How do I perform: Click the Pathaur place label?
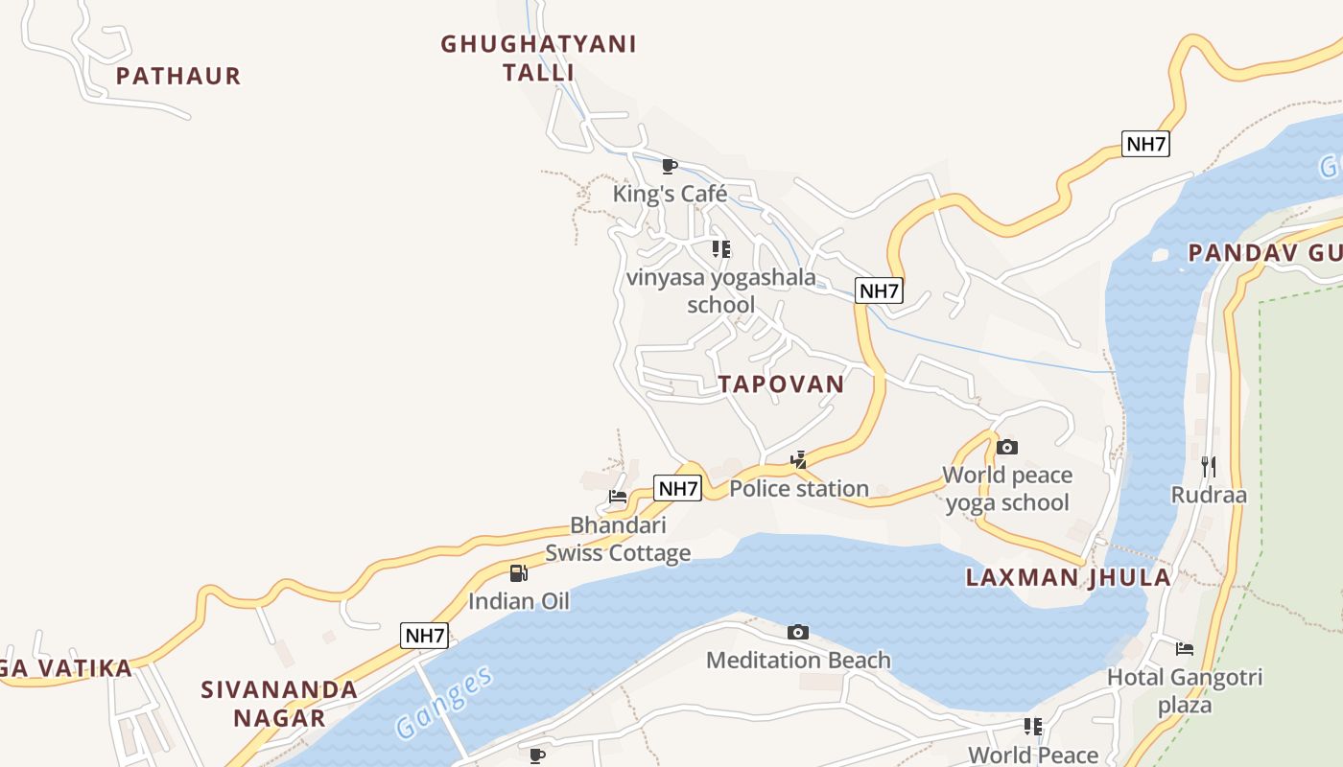pos(178,76)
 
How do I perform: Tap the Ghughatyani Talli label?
pos(538,58)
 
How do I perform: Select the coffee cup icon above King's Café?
pos(670,166)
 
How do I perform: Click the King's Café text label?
pos(670,194)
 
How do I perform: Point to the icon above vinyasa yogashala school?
pos(720,249)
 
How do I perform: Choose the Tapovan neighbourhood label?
pos(782,383)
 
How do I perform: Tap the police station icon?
pos(798,460)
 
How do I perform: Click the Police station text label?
pos(799,489)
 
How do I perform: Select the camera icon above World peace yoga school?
pos(1006,447)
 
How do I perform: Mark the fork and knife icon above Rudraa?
pos(1208,467)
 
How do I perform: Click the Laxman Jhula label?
pos(1069,577)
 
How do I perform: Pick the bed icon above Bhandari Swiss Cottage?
pos(618,497)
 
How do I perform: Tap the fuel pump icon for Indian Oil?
pos(518,573)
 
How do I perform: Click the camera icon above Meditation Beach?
pos(797,632)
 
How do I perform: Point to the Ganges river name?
pos(445,702)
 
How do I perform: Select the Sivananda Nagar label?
pos(279,703)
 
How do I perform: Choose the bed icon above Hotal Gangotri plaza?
pos(1185,649)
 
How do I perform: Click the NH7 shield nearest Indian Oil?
pos(424,635)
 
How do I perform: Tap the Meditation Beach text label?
pos(798,661)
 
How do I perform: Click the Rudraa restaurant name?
pos(1209,495)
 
